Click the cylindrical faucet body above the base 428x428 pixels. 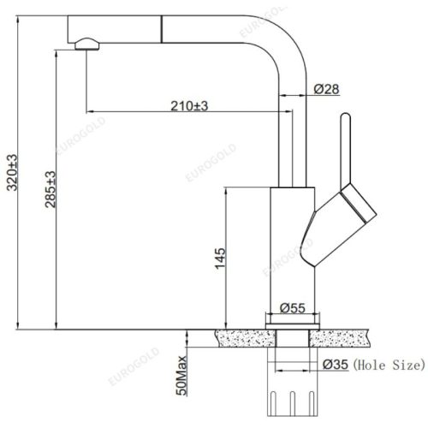pos(292,248)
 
